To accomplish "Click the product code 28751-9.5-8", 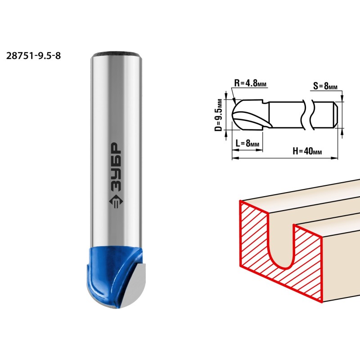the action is coord(33,56).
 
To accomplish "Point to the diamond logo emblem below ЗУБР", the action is coord(116,202).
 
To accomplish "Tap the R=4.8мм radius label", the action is coord(250,83).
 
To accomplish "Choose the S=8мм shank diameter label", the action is coord(325,86).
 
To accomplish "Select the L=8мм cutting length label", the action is coord(247,143).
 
